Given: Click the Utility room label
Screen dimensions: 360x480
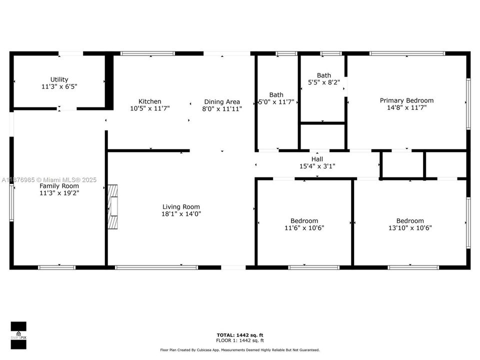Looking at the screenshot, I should (x=59, y=79).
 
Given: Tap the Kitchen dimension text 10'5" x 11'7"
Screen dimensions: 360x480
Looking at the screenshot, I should (x=150, y=108).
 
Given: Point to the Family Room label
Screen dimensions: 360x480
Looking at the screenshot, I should (x=59, y=186).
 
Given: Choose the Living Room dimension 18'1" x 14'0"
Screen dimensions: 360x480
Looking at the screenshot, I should (x=181, y=214).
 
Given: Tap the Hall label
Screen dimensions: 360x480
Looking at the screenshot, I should (x=317, y=159).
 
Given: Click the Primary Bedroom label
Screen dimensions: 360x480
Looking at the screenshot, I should (x=406, y=100).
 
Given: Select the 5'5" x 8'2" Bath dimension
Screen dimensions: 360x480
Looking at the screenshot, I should (x=323, y=82).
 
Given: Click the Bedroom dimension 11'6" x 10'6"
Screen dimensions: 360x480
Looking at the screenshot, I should (x=304, y=228).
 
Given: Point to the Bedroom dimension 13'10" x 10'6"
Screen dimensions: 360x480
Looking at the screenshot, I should (x=410, y=228).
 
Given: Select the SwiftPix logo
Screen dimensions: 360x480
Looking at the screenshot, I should (x=18, y=332).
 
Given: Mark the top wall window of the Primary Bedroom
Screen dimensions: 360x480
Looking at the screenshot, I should (x=407, y=53).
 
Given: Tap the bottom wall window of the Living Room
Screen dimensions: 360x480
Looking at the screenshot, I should (x=156, y=267).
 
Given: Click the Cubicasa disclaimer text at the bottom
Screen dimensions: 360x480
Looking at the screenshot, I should (x=239, y=350).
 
